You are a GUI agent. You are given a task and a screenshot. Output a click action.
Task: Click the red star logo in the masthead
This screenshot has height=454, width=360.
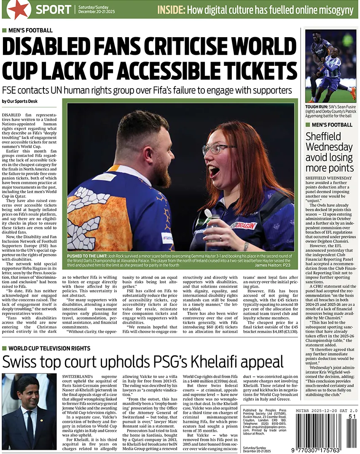click(x=19, y=9)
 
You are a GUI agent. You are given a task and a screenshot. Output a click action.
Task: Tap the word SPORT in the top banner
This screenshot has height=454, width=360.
click(x=53, y=9)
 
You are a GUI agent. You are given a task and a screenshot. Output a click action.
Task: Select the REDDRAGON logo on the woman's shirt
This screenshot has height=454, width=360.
click(x=244, y=226)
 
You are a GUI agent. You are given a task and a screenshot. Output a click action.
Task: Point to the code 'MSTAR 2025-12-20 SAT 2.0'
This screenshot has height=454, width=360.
click(x=327, y=410)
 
